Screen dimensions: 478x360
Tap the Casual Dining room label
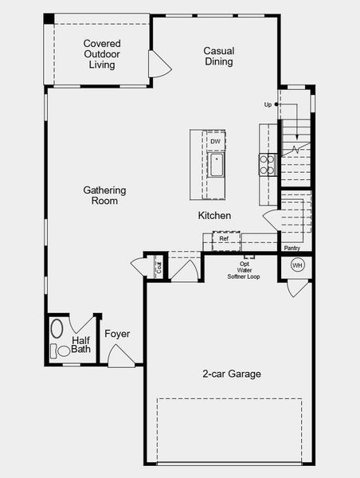[218, 55]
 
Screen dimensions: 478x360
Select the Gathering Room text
[104, 195]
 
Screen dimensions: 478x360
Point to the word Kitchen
[215, 216]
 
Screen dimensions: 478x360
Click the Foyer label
[117, 334]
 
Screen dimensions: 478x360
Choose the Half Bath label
[81, 344]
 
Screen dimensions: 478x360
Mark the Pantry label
[292, 248]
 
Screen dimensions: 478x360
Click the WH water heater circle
[297, 264]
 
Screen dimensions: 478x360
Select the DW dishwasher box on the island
[215, 142]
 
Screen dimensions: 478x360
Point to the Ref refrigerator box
[224, 238]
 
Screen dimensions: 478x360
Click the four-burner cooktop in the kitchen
[267, 164]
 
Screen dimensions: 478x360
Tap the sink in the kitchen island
[216, 166]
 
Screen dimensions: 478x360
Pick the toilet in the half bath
[63, 351]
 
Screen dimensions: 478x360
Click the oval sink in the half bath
[57, 328]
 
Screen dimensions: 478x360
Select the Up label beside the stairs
[268, 104]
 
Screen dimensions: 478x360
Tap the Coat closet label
[158, 268]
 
